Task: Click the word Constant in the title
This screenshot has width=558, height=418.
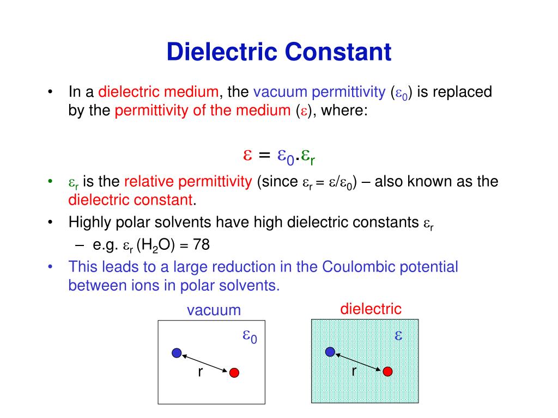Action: tap(339, 52)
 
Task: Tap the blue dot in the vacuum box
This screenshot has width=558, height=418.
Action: tap(177, 353)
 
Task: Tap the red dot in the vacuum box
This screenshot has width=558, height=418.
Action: tap(234, 373)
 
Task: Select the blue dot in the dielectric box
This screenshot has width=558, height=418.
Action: tap(330, 352)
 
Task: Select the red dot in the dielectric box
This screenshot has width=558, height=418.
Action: tap(387, 371)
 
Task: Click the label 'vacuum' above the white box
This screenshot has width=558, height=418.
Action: tap(214, 310)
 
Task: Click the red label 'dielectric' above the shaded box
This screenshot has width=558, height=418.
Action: tap(371, 309)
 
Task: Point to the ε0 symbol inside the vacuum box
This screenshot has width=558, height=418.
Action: tap(250, 337)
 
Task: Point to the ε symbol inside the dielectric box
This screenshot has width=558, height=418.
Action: tap(398, 335)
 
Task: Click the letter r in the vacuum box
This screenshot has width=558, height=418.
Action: tap(200, 372)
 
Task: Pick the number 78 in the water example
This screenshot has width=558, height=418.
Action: tap(201, 245)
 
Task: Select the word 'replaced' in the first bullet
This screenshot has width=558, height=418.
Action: tap(463, 92)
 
